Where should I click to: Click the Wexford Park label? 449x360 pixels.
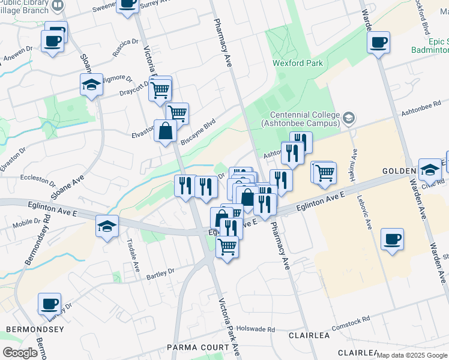click(x=298, y=63)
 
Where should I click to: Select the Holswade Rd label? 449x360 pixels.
click(x=255, y=329)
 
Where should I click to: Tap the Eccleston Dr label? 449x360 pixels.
click(x=38, y=179)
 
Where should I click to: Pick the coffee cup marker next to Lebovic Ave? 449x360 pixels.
click(x=392, y=239)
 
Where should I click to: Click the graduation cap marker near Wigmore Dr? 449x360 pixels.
click(x=91, y=85)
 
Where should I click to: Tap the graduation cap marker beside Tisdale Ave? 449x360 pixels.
click(x=107, y=226)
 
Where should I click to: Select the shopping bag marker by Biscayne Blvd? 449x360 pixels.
click(x=165, y=131)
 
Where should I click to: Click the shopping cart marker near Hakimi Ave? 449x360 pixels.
click(x=325, y=172)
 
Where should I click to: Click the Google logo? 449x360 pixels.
click(x=20, y=352)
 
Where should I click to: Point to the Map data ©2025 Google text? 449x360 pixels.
click(x=412, y=355)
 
